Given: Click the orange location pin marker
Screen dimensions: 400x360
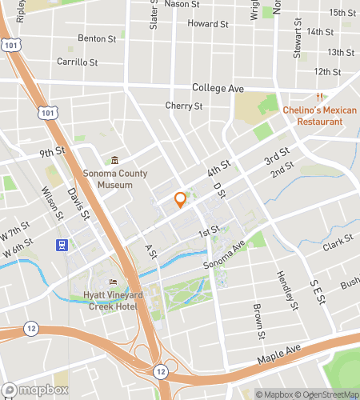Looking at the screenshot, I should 180,199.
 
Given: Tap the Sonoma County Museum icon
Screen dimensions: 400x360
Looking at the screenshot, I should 114,161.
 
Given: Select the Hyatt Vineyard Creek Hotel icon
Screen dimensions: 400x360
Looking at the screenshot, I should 112,282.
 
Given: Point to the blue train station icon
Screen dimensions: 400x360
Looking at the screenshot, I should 60,244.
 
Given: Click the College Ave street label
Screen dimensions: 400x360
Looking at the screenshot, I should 218,88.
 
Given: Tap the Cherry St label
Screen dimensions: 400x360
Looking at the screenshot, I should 183,106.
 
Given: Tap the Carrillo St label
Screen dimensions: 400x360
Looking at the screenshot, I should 77,62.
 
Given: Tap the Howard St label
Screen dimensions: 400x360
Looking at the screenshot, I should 208,24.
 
